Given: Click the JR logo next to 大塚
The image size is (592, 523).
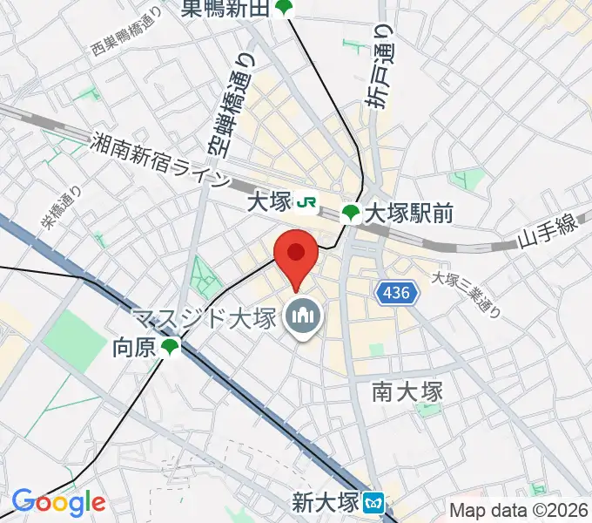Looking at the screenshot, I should coord(306,202).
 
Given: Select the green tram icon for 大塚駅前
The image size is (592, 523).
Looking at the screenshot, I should coord(351,213).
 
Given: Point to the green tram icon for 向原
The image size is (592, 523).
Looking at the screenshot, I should coord(169,348).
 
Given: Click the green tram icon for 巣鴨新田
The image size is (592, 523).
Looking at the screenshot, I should coord(284,9).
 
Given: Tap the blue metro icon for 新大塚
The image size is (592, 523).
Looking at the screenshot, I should coord(374,503).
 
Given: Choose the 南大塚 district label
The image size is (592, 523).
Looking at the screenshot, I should coord(407,391).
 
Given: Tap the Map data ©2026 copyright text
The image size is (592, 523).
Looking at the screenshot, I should coord(519,510).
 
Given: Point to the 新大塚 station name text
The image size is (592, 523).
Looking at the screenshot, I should coord(325,503).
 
